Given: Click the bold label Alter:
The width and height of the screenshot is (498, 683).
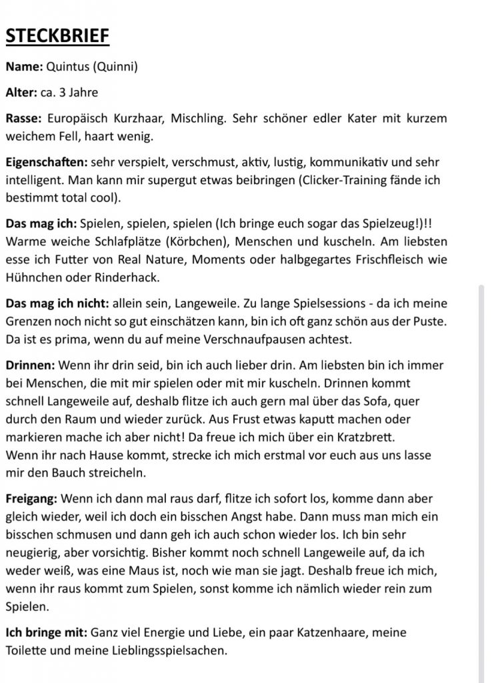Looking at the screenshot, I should (21, 93).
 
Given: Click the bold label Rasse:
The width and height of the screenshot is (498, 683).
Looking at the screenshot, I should (23, 119).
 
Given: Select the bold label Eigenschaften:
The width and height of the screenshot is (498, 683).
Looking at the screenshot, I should (46, 162).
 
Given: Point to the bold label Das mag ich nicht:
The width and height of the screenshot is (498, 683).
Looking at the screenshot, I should (57, 303).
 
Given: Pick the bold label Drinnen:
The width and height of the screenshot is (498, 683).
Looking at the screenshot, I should (31, 366).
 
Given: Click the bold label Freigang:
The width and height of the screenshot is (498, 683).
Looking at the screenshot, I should (31, 498).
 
